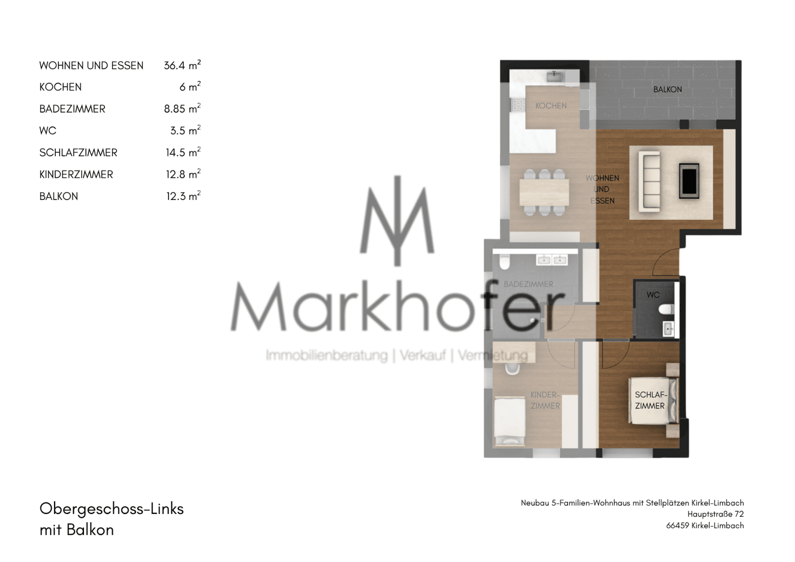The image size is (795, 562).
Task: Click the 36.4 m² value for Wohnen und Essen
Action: coord(182,65)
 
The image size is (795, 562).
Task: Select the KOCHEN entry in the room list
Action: coord(60,87)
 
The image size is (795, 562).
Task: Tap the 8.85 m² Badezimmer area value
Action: coord(182,109)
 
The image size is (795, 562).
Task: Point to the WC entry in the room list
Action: coord(47,131)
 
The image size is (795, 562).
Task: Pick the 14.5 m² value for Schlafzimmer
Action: coord(183,152)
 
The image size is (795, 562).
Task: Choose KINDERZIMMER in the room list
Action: coord(76,174)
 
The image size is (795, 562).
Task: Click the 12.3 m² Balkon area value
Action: coord(183,196)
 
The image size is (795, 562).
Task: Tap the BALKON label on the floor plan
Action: coord(667,89)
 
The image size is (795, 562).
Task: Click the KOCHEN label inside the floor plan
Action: coord(551,106)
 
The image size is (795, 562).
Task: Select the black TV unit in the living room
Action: coord(689,181)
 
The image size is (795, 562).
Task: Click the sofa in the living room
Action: coord(649,181)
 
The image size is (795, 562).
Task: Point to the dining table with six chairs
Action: coord(544,192)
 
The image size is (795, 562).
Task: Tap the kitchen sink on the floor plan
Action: coord(554,76)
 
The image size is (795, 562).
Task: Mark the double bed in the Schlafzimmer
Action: coord(654,401)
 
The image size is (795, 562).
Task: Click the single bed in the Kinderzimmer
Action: coord(510,422)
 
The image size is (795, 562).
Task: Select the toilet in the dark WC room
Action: coord(666,310)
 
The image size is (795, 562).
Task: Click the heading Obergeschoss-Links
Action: coord(112,509)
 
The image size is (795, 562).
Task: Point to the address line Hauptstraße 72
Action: coord(715,514)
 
